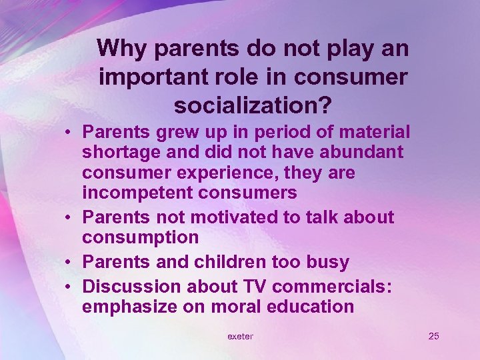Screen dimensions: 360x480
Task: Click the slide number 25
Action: (x=433, y=336)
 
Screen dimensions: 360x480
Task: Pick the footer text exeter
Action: (x=240, y=336)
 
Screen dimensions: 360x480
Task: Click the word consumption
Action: (x=141, y=237)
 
